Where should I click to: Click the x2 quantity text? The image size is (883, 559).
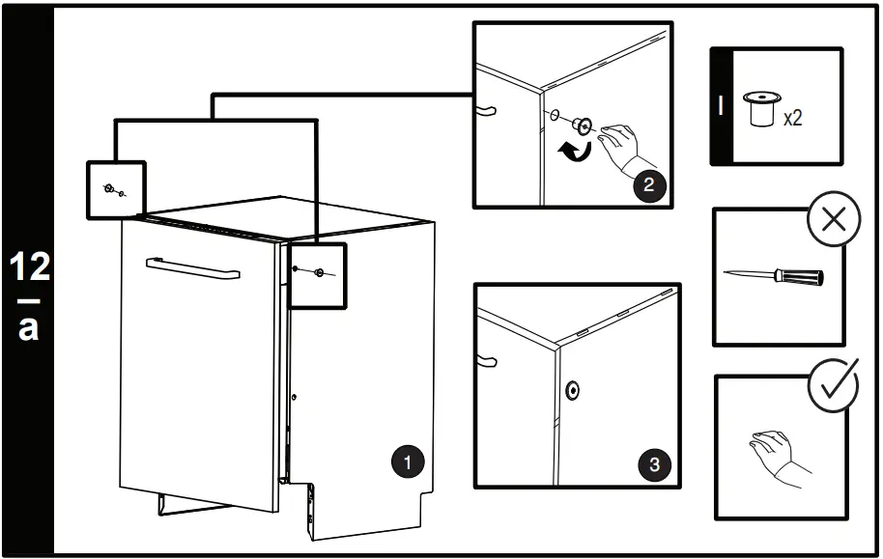tap(792, 120)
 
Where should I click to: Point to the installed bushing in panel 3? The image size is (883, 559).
tap(574, 390)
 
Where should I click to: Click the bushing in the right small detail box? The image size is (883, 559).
tap(319, 274)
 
